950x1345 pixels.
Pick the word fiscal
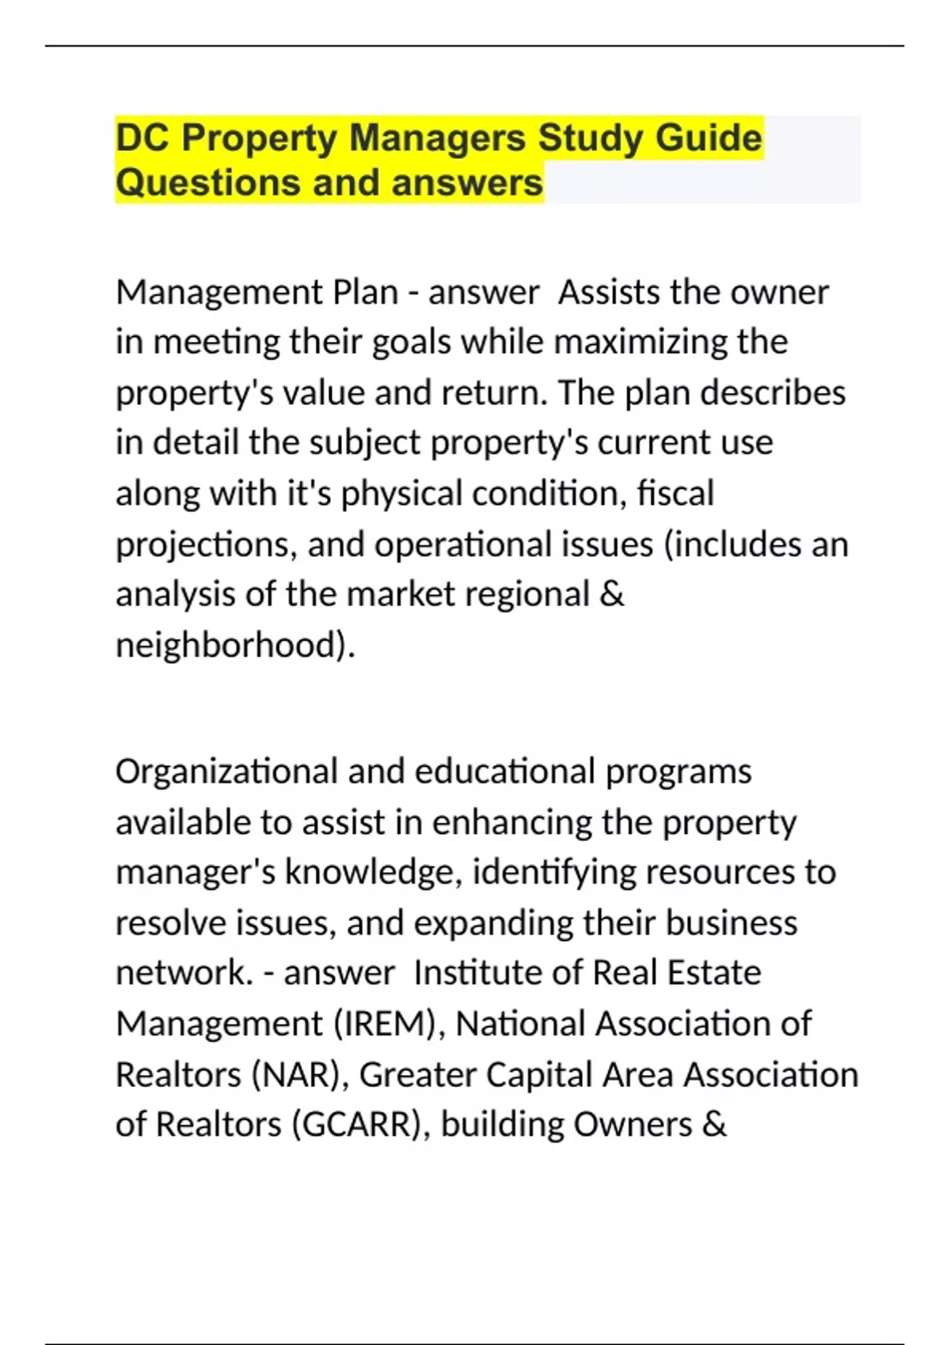[x=675, y=493]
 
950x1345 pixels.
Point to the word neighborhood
[x=230, y=645]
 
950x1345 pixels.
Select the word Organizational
[x=226, y=771]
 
